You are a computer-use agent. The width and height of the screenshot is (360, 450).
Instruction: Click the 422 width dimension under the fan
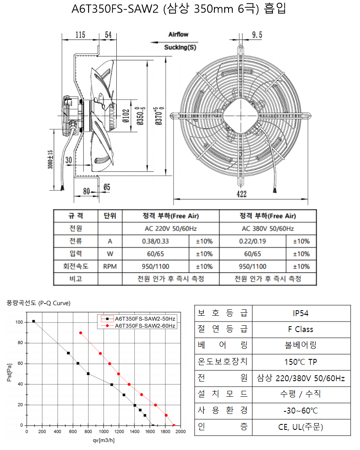tap(242, 194)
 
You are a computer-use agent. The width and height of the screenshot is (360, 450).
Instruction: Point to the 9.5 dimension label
tap(257, 35)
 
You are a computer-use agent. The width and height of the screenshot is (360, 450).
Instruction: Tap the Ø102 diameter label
tap(126, 116)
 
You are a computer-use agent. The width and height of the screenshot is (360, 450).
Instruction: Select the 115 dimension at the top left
tap(80, 35)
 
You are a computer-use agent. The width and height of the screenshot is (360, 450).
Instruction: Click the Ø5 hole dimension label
tap(107, 187)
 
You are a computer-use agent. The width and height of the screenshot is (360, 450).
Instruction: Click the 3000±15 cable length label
tap(50, 160)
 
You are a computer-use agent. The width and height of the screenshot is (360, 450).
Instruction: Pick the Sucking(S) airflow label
tap(180, 47)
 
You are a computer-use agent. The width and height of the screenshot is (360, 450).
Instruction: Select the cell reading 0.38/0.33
tap(155, 241)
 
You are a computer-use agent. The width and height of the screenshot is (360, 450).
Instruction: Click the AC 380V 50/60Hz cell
tap(268, 229)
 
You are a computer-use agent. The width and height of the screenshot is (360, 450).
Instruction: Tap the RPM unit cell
tap(110, 267)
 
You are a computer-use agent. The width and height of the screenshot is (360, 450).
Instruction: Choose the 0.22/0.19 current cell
tap(252, 241)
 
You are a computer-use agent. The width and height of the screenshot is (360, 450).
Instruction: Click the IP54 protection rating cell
tap(301, 314)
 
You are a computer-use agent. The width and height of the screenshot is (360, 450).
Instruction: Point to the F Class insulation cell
tap(301, 330)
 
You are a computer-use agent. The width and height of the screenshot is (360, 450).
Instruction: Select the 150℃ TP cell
tap(301, 362)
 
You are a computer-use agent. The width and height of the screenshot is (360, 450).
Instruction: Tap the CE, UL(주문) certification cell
tap(301, 427)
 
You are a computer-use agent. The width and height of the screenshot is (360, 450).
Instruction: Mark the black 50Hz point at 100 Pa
tap(34, 321)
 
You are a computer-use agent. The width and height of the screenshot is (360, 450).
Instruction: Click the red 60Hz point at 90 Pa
tap(81, 333)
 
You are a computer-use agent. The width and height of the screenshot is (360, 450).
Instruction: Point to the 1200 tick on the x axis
tap(119, 432)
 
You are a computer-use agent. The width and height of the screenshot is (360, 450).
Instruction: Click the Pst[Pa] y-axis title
tap(10, 372)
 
